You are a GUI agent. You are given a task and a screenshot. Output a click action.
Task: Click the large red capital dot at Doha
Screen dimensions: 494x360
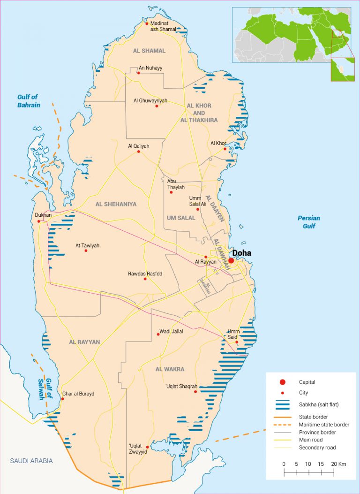click(x=231, y=260)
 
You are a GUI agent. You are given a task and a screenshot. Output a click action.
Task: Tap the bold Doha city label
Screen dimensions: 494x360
click(x=242, y=253)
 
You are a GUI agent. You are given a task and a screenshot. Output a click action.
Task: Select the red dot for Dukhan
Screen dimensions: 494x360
click(x=38, y=221)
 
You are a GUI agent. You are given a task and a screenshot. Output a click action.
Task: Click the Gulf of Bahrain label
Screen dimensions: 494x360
click(x=29, y=101)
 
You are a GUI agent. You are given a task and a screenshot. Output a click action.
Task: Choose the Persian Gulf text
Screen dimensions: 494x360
click(x=309, y=222)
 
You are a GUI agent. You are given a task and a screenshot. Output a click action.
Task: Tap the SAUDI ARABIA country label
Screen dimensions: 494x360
click(x=31, y=461)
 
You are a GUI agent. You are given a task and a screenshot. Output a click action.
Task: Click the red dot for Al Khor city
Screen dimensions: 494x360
click(x=225, y=149)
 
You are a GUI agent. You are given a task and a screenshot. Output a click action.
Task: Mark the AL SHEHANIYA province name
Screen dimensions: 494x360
click(x=116, y=204)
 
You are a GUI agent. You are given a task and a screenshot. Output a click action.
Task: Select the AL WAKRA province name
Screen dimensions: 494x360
click(x=170, y=369)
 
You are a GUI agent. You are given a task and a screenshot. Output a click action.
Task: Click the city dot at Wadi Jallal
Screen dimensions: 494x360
click(x=158, y=334)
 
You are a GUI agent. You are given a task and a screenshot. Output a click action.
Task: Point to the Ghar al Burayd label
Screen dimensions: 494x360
click(x=78, y=394)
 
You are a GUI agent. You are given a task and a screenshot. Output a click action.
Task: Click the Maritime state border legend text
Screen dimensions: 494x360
click(x=324, y=425)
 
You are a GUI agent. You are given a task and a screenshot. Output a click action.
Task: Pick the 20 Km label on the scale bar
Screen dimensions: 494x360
click(x=337, y=464)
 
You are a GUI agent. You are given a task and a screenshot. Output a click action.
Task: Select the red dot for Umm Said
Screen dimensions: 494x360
click(x=237, y=342)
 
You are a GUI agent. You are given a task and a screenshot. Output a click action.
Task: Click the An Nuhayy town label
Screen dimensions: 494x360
click(x=150, y=68)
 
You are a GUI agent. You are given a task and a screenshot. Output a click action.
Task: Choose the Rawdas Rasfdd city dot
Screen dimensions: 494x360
click(x=145, y=279)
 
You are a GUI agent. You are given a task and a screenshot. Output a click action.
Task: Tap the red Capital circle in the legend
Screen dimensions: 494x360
click(x=282, y=382)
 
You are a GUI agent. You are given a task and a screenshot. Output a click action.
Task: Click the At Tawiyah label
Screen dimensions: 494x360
click(x=88, y=245)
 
